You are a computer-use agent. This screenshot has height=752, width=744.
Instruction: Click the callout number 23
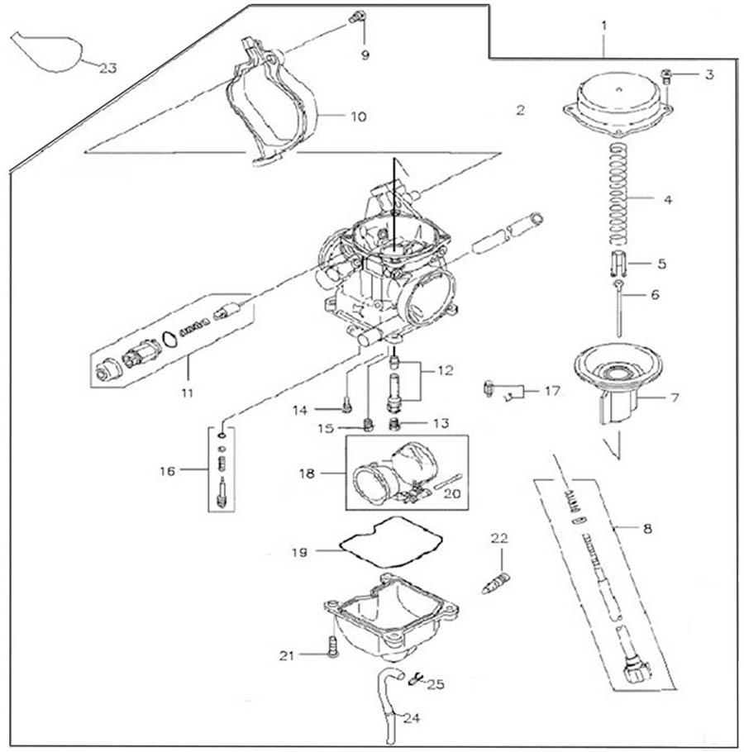tap(108, 69)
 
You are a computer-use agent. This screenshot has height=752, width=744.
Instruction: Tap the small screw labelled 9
tap(357, 16)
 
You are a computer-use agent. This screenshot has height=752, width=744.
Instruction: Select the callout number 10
tap(357, 117)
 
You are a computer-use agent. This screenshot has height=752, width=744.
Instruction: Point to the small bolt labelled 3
tap(666, 79)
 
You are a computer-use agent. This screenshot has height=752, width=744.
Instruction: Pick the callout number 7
tap(674, 398)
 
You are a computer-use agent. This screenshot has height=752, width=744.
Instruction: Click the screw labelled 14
tap(346, 405)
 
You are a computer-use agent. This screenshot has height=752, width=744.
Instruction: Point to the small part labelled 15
tap(369, 426)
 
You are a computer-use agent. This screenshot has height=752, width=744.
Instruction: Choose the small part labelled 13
tap(395, 424)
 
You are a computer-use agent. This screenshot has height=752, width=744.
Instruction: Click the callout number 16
tap(169, 471)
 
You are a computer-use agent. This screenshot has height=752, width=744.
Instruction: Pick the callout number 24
tap(411, 718)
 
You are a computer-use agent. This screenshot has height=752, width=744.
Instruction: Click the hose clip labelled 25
tap(417, 679)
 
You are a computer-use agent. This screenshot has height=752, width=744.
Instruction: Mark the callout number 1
tap(604, 26)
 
